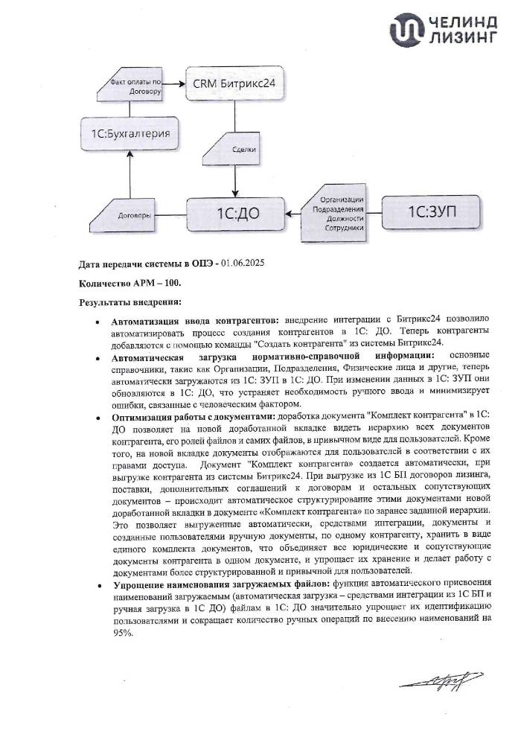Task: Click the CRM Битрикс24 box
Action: (x=234, y=85)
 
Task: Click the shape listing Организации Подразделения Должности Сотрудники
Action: (x=338, y=214)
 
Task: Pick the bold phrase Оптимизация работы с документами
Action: (x=191, y=416)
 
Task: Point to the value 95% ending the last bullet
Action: (x=123, y=633)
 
